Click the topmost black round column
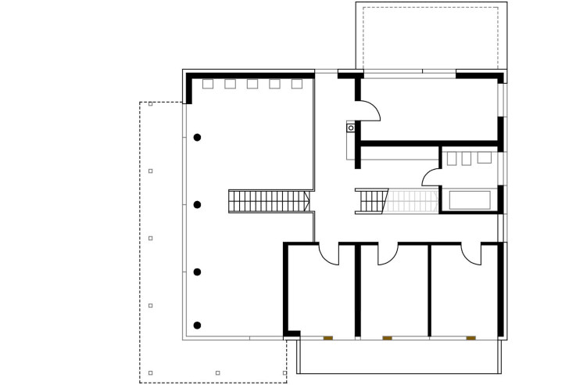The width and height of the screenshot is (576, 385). click(198, 137)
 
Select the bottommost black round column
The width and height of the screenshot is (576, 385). click(198, 325)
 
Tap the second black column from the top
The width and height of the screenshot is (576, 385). click(198, 204)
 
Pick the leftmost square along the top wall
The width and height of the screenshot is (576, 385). click(208, 84)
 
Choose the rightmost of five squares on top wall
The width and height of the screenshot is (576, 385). click(297, 84)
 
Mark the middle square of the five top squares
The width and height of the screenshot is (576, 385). click(252, 84)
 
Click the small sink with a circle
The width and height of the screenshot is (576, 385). click(351, 127)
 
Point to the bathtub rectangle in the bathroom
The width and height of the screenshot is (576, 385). click(469, 200)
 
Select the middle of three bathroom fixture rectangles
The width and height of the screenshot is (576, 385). click(467, 157)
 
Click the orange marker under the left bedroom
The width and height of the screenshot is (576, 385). click(328, 338)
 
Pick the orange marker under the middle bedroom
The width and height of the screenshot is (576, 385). click(387, 338)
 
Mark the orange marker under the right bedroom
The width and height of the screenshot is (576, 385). click(470, 338)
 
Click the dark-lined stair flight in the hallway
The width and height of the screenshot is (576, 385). click(371, 201)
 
